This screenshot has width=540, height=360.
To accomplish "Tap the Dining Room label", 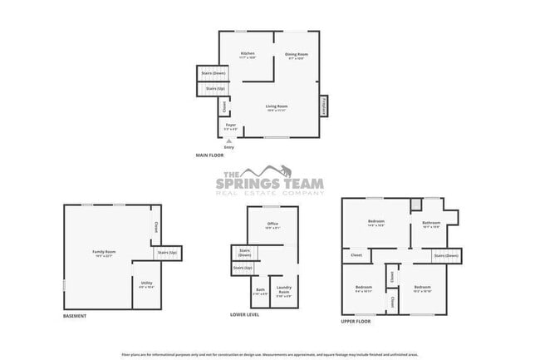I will tap(297, 54).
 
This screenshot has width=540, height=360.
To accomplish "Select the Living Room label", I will tap(277, 106).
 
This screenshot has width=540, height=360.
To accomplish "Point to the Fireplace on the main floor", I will tap(323, 106).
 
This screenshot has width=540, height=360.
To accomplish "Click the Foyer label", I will tap(231, 126).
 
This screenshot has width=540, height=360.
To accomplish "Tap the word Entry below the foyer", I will tap(229, 147).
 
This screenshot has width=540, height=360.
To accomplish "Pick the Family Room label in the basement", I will tap(104, 252).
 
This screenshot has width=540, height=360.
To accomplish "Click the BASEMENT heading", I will tap(76, 316).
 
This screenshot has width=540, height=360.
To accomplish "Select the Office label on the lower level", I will tap(272, 224).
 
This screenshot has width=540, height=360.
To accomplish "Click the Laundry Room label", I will tap(283, 291).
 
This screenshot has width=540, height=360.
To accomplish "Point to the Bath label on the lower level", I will tap(261, 291).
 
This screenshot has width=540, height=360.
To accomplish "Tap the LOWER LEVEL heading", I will tap(245, 316).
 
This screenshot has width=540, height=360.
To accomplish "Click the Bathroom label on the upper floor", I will tap(430, 223).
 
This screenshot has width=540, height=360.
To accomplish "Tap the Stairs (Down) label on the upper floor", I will tap(447, 256).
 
